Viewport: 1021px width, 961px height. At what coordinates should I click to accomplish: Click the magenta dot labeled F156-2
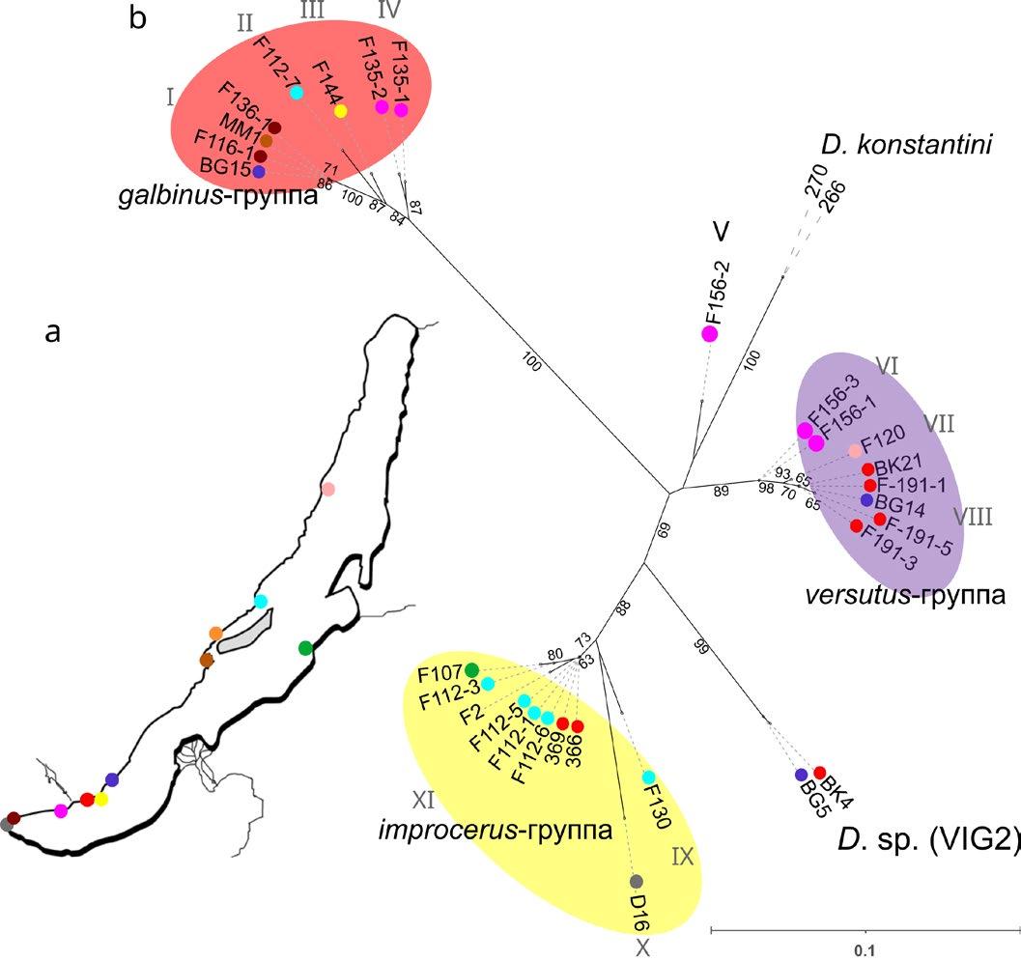point(710,334)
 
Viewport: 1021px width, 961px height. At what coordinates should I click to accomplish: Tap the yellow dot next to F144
point(340,112)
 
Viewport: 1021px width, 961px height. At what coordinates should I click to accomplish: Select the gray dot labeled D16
point(637,881)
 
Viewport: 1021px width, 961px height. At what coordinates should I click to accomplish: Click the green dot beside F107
point(472,670)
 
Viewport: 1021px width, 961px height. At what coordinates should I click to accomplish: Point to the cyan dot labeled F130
point(649,777)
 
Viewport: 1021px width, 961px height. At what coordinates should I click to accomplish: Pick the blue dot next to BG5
point(800,775)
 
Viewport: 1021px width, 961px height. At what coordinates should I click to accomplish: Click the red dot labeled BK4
point(820,772)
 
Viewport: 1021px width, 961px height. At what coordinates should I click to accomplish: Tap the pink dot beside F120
point(855,451)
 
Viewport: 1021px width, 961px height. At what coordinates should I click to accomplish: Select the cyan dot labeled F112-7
point(297,92)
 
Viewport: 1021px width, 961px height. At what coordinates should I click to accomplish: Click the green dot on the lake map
point(306,647)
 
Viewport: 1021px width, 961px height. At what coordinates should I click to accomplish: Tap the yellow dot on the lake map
point(100,799)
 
